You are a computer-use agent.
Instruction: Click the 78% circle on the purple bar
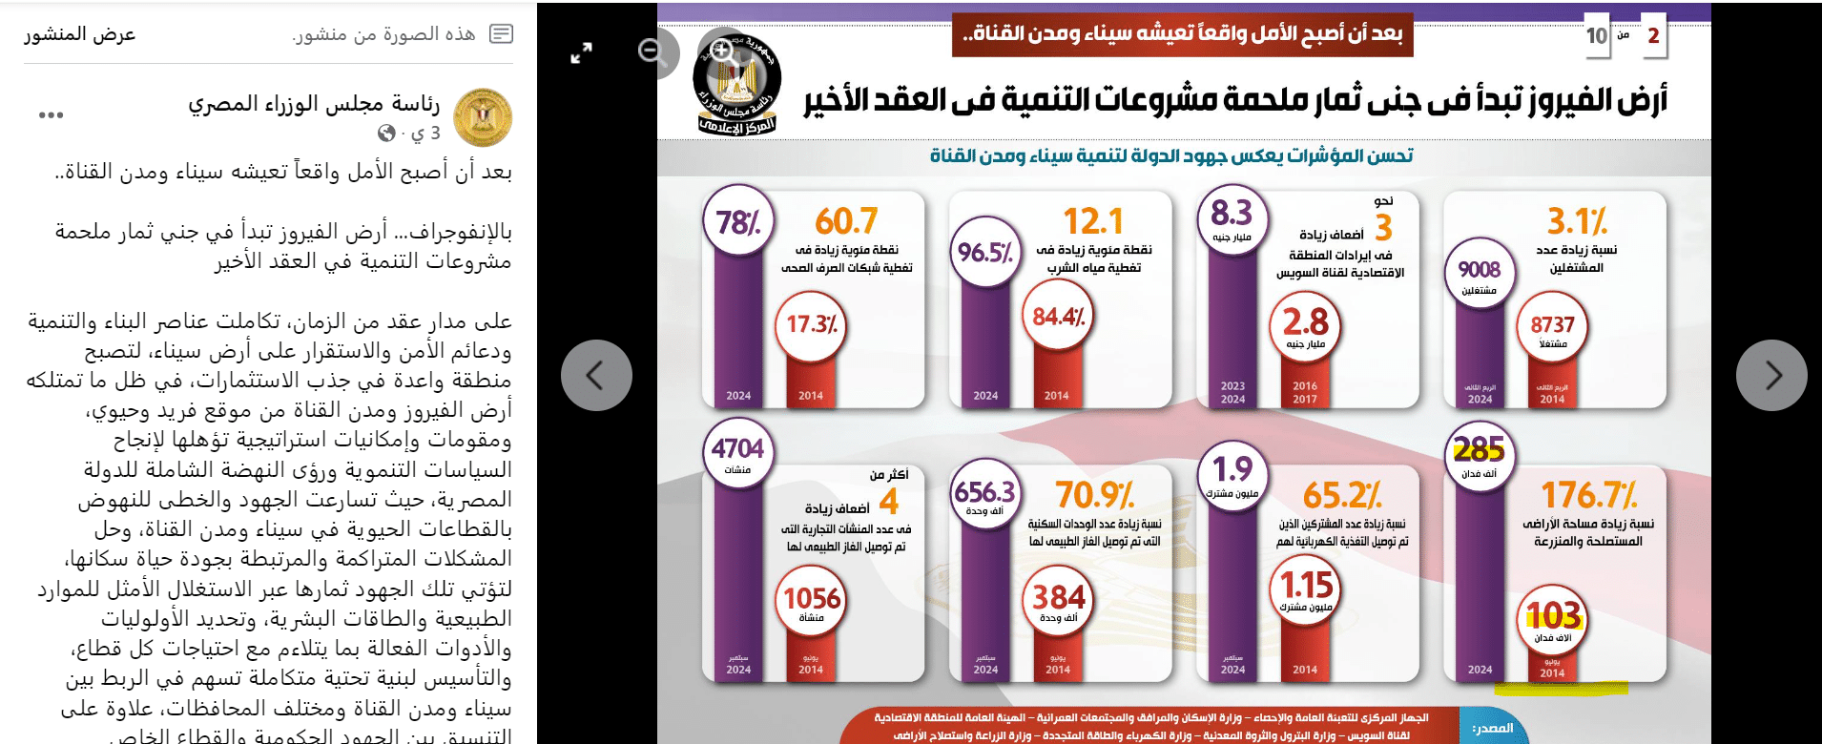coord(738,223)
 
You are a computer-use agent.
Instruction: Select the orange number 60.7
coord(845,221)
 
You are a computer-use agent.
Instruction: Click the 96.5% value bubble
coord(985,253)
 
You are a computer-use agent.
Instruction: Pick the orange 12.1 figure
coord(1093,221)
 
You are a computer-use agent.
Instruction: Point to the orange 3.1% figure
coord(1577,221)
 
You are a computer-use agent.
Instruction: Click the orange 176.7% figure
coord(1589,495)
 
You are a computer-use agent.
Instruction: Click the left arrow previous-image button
coord(596,375)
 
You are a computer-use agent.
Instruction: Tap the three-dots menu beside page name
coord(51,115)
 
